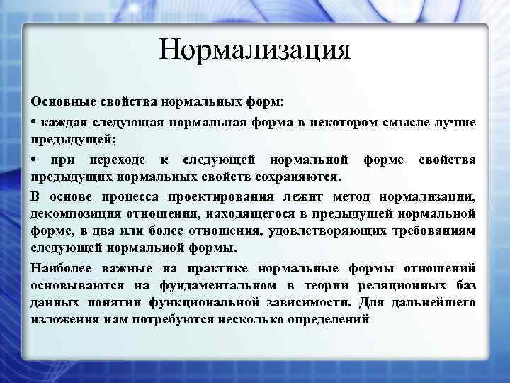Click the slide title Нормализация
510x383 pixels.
255,50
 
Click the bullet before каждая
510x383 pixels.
35,122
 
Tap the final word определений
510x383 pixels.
327,320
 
